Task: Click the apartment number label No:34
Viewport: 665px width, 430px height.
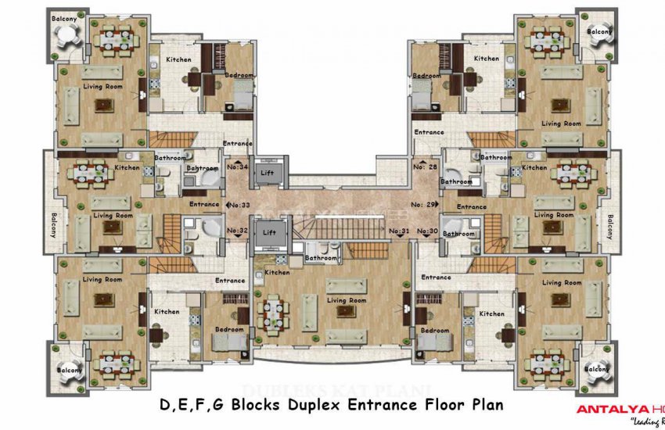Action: pyautogui.click(x=237, y=167)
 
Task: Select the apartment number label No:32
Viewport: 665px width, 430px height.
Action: pyautogui.click(x=237, y=231)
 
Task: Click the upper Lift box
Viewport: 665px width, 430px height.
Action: pyautogui.click(x=268, y=171)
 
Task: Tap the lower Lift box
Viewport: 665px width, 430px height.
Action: pyautogui.click(x=268, y=232)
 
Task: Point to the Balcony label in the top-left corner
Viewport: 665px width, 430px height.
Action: pyautogui.click(x=64, y=17)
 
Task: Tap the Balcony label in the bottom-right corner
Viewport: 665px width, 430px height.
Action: pyautogui.click(x=599, y=368)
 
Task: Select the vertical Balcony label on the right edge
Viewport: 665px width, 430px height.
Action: pyautogui.click(x=610, y=225)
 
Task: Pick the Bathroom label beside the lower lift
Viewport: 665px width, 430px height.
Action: pyautogui.click(x=320, y=257)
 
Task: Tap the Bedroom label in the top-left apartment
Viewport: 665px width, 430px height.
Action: pyautogui.click(x=239, y=75)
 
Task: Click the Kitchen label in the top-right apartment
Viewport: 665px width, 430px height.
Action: pyautogui.click(x=486, y=59)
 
